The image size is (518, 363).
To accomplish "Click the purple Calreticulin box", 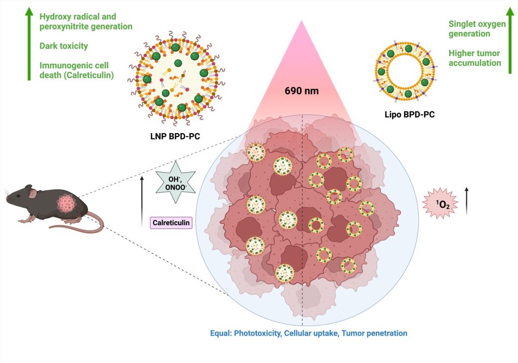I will [171, 222].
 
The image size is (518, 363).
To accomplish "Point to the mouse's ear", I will [32, 193].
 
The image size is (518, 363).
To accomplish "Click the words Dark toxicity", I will [64, 46].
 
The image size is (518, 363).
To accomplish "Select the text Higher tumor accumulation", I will [474, 58].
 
